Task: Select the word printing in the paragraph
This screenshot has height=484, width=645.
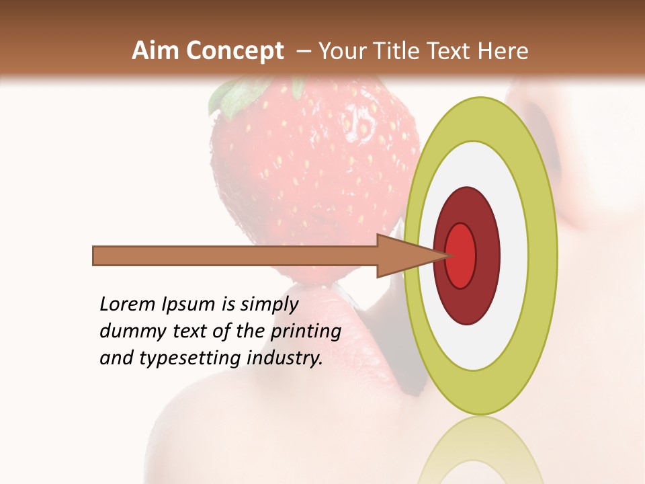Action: [306, 332]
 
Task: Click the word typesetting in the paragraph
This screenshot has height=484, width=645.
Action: [191, 359]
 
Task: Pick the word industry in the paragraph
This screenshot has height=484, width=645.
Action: [285, 359]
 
